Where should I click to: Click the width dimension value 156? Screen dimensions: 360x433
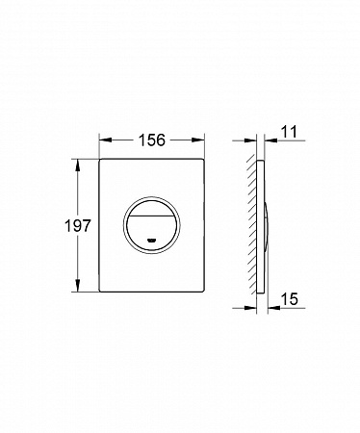coord(152,140)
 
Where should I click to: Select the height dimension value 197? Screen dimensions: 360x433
coord(78,225)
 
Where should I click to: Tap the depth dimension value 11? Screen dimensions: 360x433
coord(289,132)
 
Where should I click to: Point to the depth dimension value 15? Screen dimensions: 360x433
coord(290,299)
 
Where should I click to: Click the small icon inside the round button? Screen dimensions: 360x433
coord(151,240)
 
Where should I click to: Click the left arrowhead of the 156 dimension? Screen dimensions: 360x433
coord(106,140)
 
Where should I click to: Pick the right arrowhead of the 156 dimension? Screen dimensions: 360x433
coord(198,140)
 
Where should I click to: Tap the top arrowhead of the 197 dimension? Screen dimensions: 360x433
coord(78,166)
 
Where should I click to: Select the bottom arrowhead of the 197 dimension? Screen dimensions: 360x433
coord(78,285)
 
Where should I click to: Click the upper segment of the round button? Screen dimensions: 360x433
coord(152,207)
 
